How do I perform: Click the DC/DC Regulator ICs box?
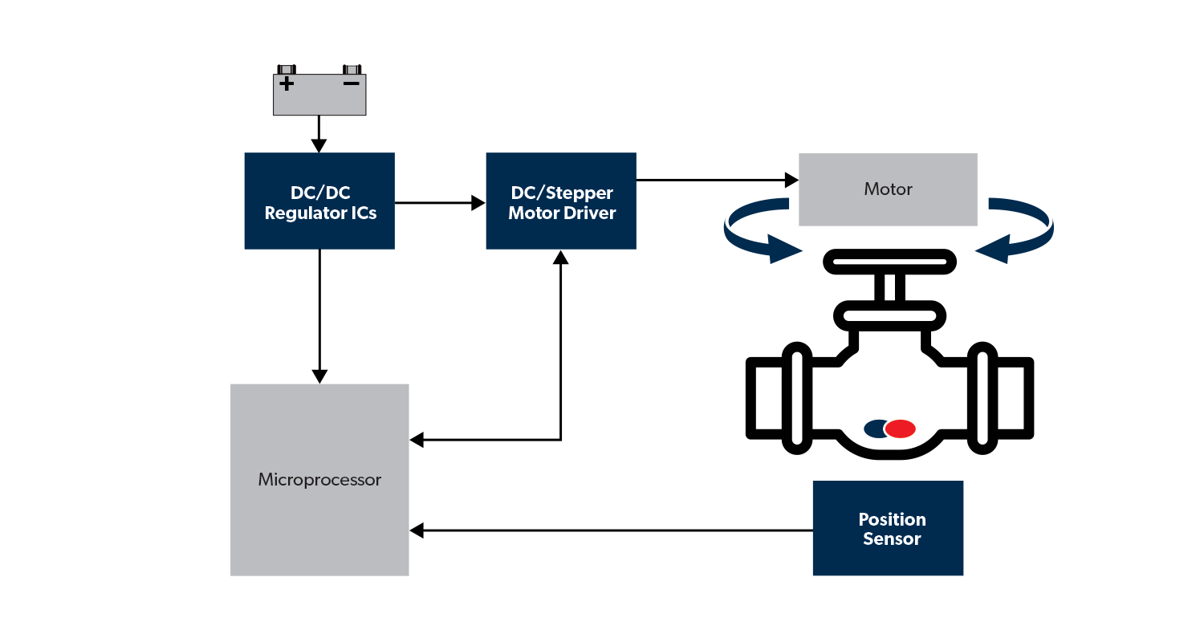[319, 201]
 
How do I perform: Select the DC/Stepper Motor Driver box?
[561, 201]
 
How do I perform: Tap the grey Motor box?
[888, 190]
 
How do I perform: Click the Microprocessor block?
[319, 480]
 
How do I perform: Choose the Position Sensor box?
[888, 528]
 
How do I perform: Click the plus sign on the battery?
[287, 83]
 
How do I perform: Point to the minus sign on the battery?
[352, 83]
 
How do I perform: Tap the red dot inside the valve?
[900, 429]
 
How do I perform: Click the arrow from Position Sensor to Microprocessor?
[610, 530]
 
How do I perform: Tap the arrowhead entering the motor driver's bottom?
[561, 257]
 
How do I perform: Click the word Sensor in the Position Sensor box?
[891, 539]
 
